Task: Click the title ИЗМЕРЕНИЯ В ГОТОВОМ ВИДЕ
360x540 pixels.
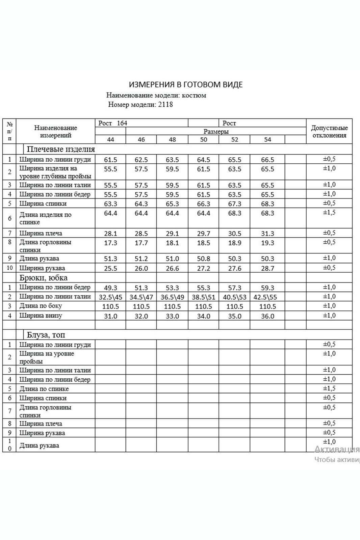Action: click(x=185, y=84)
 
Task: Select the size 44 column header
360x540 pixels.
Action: click(x=110, y=140)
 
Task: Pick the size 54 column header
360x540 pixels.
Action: click(x=267, y=140)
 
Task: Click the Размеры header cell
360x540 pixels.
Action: click(x=216, y=132)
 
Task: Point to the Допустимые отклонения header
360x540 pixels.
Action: click(x=329, y=132)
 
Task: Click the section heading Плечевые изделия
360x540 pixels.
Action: click(x=61, y=149)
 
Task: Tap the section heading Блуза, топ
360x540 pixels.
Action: click(x=46, y=335)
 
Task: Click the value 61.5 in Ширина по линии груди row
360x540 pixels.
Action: click(x=110, y=160)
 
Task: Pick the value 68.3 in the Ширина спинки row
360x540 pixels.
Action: click(x=267, y=204)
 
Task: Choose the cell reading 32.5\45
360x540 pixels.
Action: click(x=110, y=297)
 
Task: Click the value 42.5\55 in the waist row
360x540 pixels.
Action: click(x=267, y=297)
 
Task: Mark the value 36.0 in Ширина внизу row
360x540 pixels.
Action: click(x=267, y=316)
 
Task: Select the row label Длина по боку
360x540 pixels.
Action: click(x=41, y=306)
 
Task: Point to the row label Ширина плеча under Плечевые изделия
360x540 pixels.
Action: click(x=41, y=233)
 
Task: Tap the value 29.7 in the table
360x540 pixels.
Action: click(x=203, y=234)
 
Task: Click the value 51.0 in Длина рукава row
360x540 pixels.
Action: click(x=172, y=259)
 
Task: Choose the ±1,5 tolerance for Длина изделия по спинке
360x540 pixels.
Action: click(x=329, y=213)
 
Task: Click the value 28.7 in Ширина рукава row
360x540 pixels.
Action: click(x=267, y=268)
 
